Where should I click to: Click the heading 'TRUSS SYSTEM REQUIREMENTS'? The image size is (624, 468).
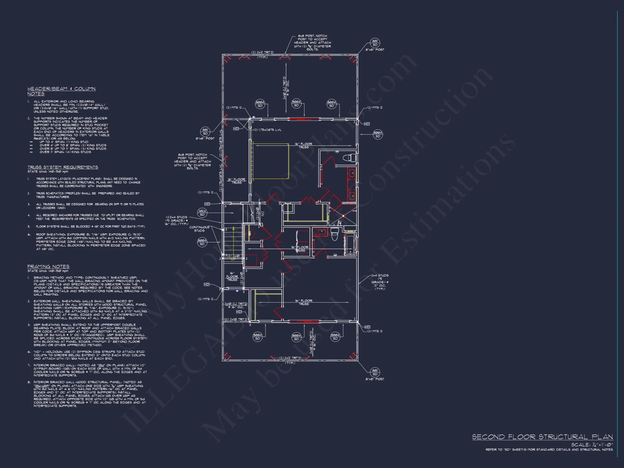click(63, 167)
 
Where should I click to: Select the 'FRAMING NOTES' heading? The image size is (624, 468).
click(48, 266)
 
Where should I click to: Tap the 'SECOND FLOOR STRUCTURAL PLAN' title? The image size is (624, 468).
click(542, 437)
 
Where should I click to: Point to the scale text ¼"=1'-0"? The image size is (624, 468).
click(602, 445)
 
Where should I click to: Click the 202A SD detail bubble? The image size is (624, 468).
click(202, 213)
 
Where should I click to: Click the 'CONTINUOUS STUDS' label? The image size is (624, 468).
click(199, 229)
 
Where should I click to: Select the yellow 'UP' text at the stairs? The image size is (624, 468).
click(233, 259)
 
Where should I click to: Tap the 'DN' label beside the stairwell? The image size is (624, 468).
click(263, 214)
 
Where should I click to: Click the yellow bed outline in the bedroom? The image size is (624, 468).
click(270, 162)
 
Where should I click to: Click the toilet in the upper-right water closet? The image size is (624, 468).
click(350, 158)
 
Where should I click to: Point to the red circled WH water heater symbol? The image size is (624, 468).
click(249, 233)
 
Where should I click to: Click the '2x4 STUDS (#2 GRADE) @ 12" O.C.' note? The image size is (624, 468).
click(380, 282)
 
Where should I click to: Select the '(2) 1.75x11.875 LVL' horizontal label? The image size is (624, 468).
click(268, 130)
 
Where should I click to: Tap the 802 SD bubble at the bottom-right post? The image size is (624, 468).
click(375, 372)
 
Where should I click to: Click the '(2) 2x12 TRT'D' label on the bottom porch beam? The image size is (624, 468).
click(290, 358)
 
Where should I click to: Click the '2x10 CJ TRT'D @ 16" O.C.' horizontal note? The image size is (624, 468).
click(236, 305)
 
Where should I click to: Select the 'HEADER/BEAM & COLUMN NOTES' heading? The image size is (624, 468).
click(61, 91)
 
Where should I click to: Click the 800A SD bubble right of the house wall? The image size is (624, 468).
click(378, 134)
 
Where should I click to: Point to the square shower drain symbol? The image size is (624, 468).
click(343, 216)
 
